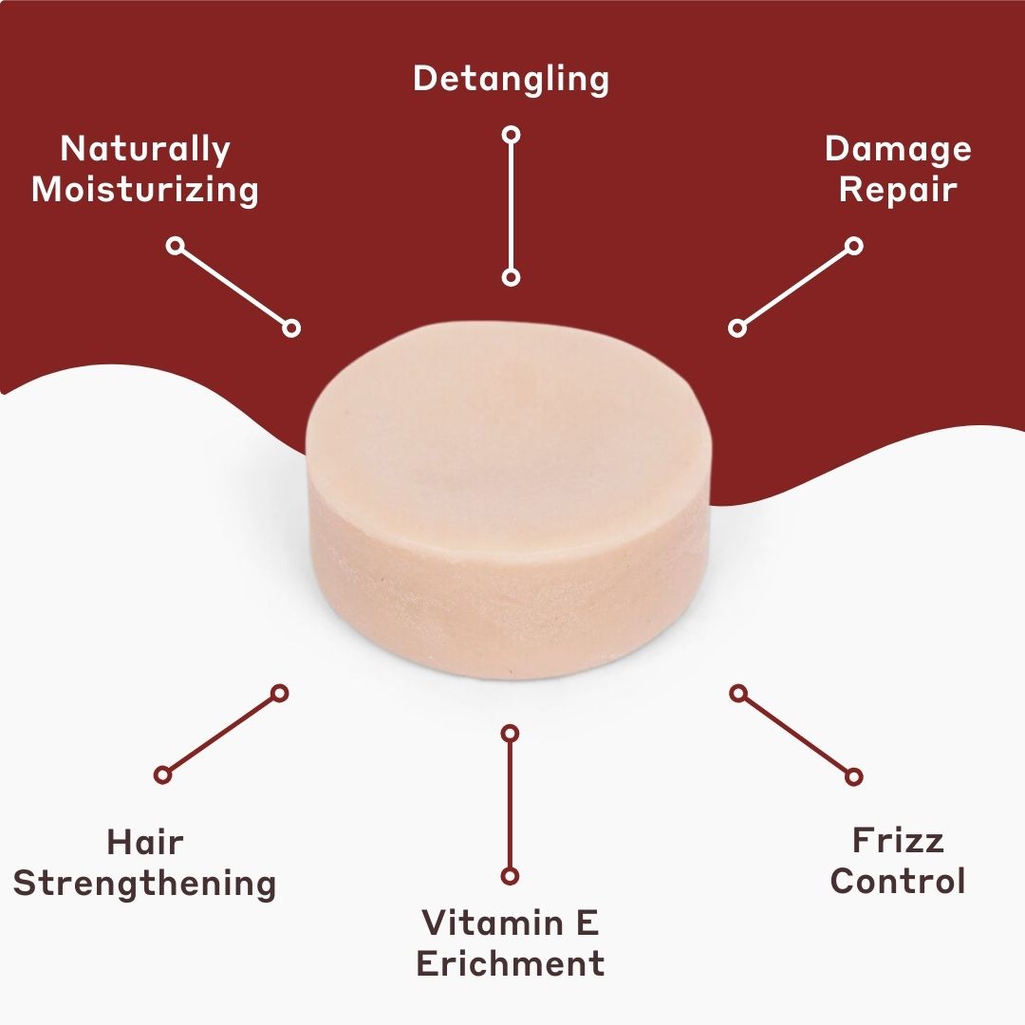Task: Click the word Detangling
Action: tap(511, 79)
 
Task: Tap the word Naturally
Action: tap(145, 149)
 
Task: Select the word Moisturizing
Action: tap(145, 189)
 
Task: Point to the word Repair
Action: tap(898, 189)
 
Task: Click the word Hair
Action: tap(145, 842)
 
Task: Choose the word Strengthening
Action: tap(145, 883)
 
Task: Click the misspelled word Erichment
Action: tap(511, 963)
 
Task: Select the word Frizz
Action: tap(898, 841)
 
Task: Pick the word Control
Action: tap(898, 882)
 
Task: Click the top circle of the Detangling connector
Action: tap(511, 135)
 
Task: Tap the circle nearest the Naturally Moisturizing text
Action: tap(175, 246)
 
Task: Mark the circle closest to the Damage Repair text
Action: tap(853, 246)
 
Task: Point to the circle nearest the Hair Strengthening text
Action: tap(163, 774)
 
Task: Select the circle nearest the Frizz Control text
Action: tap(853, 776)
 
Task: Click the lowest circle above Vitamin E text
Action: tap(510, 875)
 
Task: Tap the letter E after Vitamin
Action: tap(587, 922)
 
